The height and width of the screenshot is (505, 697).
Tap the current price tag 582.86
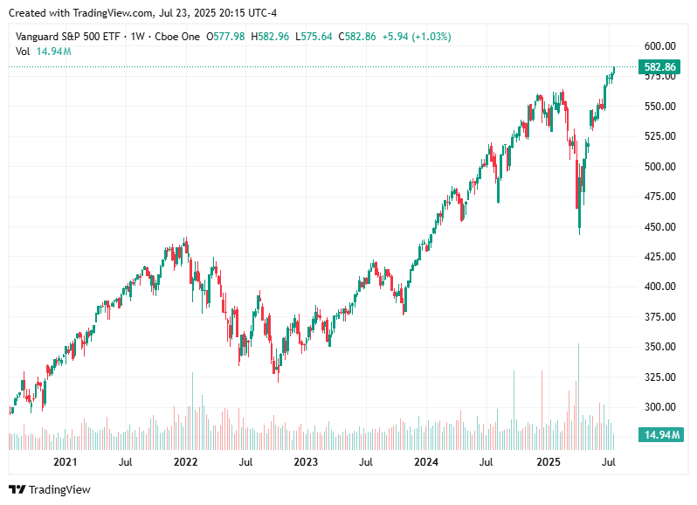coord(659,67)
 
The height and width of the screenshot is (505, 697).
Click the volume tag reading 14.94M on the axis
coord(659,434)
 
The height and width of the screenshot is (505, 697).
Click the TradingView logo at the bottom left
coord(50,489)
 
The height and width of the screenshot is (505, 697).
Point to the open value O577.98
coord(226,37)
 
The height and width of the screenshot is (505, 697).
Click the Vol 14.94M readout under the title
coord(44,52)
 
